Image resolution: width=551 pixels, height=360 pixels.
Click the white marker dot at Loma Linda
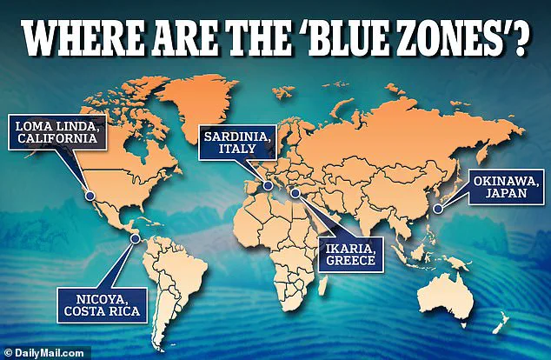(x=90, y=197)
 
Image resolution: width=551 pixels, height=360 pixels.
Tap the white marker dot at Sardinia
(x=269, y=184)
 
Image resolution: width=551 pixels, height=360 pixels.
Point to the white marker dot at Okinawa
(x=439, y=208)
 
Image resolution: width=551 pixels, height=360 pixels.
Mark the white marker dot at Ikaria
(x=295, y=192)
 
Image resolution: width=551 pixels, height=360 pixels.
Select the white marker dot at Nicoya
(x=135, y=237)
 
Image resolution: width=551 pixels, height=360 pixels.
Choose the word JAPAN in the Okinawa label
(x=502, y=195)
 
